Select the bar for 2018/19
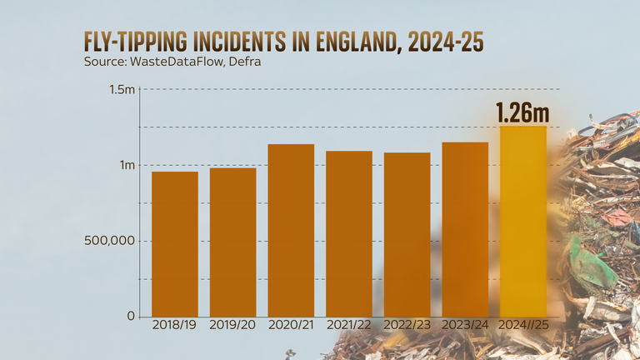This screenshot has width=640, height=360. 175,243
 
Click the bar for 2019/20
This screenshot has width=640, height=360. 232,242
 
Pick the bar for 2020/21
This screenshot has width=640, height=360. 291,230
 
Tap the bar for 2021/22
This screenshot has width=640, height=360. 349,233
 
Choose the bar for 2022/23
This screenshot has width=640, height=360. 407,234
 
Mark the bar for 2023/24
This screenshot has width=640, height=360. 465,229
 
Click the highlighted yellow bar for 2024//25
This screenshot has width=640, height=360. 523,221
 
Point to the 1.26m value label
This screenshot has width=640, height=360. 522,112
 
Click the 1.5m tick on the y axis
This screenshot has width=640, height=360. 121,90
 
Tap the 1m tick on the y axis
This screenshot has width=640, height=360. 126,165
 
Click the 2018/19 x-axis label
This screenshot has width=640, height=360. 175,323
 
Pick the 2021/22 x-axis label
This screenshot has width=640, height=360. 349,323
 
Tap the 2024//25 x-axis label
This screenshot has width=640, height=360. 523,323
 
